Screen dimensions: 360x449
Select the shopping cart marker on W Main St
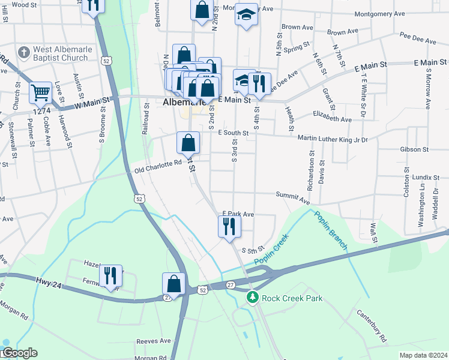(41, 93)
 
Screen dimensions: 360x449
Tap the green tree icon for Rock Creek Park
(253, 298)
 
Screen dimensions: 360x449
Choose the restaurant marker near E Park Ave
(229, 226)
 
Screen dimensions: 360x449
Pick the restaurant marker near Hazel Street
(110, 275)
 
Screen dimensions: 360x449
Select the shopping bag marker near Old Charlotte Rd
(188, 143)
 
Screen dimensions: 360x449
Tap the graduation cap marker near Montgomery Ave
(246, 14)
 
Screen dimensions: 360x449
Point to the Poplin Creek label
(271, 250)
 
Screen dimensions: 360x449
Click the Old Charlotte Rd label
(158, 166)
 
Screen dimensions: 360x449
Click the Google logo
(19, 353)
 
